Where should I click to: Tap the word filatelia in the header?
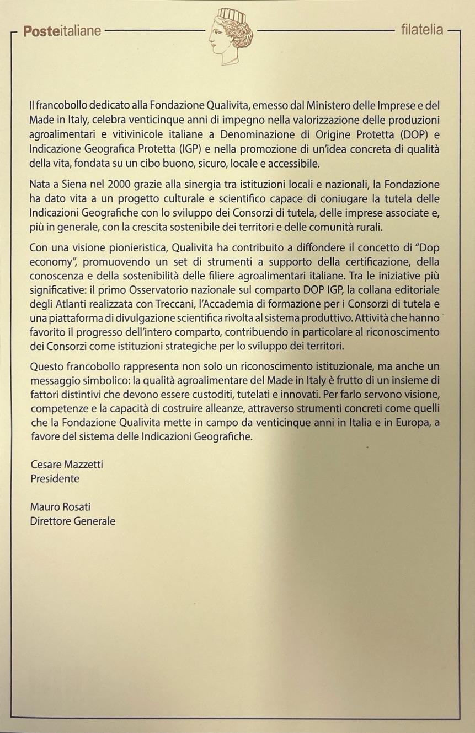click(422, 30)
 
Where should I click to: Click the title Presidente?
click(55, 479)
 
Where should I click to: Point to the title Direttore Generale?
click(73, 521)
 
